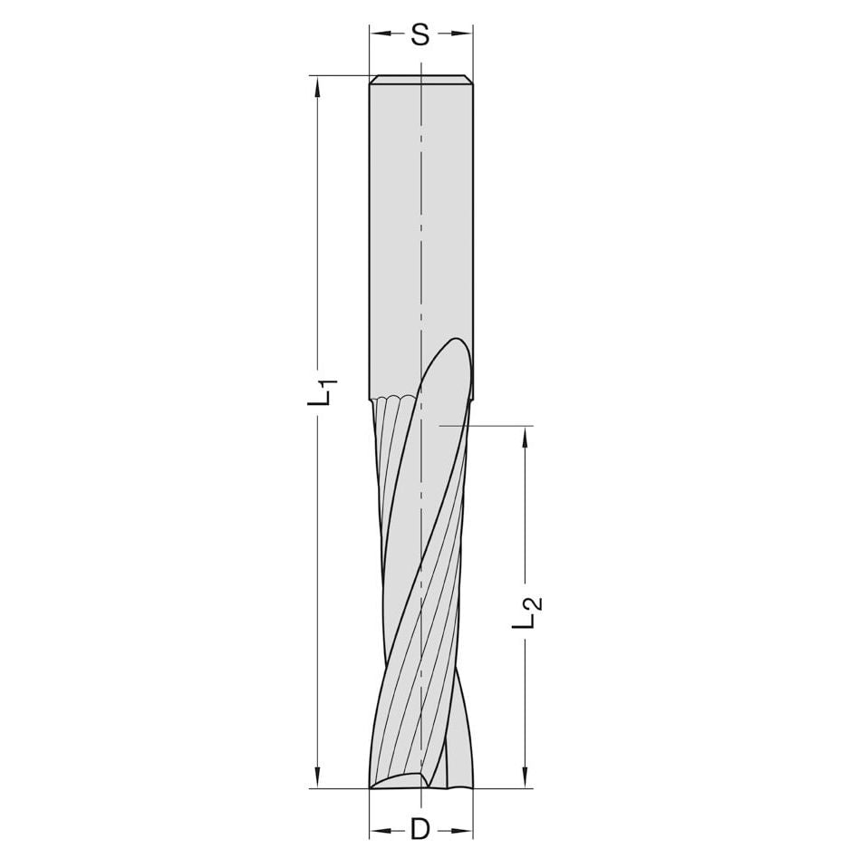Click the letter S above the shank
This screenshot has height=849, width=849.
(420, 35)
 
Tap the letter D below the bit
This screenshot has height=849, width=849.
(420, 827)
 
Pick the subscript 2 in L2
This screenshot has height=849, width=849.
(535, 603)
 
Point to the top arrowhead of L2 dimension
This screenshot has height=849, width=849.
(524, 435)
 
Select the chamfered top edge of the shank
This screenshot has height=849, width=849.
(420, 80)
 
